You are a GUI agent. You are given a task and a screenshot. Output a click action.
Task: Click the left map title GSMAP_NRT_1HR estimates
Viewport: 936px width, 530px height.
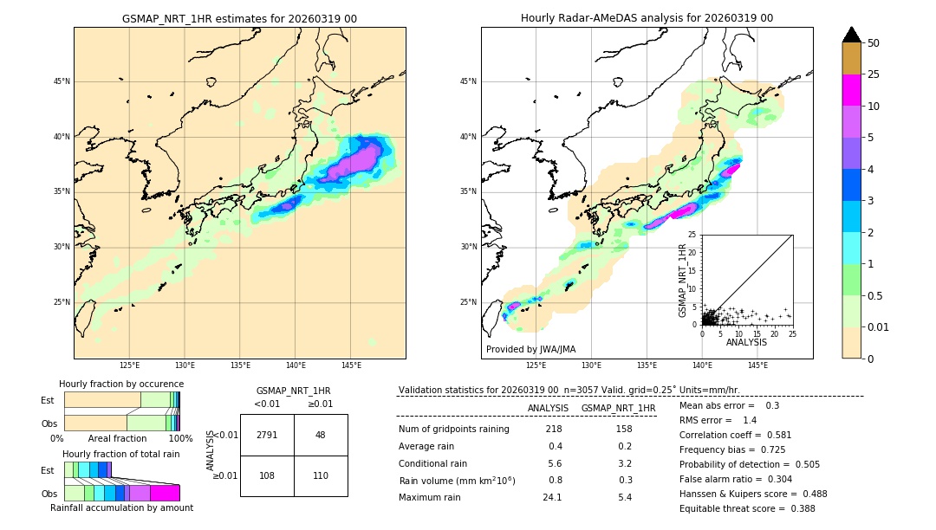[x=239, y=18]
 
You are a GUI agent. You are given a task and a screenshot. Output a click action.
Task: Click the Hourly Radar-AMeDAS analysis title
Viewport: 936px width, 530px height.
[x=647, y=18]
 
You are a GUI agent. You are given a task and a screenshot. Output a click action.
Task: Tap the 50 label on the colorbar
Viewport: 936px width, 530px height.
[x=874, y=43]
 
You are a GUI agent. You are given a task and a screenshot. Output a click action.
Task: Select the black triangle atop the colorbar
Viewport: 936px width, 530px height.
[x=852, y=35]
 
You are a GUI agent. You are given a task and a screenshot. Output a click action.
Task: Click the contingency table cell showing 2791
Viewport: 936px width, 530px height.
[x=267, y=435]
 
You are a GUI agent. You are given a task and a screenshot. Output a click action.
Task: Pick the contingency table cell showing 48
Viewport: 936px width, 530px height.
[x=320, y=435]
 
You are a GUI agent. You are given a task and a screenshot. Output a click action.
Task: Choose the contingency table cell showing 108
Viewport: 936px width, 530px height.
[x=267, y=475]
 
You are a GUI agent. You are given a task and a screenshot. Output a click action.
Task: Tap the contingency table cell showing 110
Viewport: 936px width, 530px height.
[x=320, y=475]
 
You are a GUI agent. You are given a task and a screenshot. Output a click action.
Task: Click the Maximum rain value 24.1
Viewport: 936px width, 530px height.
[x=552, y=497]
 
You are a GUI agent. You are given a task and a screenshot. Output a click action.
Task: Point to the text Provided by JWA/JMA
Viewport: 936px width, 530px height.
[x=530, y=349]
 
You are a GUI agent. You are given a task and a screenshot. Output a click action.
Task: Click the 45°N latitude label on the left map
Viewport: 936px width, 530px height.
[x=62, y=81]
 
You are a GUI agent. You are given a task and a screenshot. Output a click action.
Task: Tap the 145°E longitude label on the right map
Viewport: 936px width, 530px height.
[x=757, y=365]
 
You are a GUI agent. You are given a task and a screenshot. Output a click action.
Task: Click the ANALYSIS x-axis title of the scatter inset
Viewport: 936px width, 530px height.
[x=746, y=342]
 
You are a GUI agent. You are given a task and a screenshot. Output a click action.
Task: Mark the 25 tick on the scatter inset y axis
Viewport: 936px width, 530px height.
[x=692, y=235]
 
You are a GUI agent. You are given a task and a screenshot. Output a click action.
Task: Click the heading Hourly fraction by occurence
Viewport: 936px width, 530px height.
[x=121, y=384]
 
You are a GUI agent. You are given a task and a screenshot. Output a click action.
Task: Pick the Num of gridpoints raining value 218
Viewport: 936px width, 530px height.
[x=554, y=429]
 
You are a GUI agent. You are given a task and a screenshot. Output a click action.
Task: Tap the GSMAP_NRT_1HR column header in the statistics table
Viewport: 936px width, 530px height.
[x=618, y=408]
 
